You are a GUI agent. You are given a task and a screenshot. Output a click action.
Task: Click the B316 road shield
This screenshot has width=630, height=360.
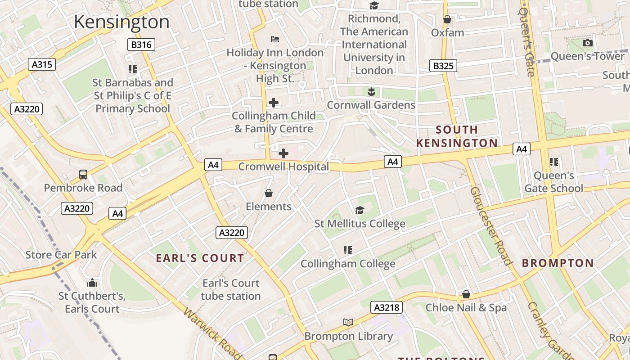point(141,45)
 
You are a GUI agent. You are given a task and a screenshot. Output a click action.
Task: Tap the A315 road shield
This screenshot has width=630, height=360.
point(42,64)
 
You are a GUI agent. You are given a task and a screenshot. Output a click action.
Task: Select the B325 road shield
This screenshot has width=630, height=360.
point(443,66)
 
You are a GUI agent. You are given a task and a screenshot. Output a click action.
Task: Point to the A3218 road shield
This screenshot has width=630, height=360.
point(386,307)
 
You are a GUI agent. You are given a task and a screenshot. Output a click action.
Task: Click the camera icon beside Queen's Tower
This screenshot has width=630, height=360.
point(587,43)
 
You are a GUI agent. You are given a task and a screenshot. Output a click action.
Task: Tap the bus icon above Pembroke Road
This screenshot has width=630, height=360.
point(83,174)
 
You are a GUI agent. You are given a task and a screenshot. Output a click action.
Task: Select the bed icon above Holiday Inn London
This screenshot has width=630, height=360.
point(274,39)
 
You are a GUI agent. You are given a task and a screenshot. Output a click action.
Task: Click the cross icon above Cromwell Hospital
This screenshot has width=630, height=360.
point(283,153)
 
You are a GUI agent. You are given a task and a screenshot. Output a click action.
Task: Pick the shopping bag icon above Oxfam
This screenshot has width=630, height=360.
point(447,19)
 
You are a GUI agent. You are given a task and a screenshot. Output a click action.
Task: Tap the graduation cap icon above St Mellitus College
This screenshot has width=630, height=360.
point(360,210)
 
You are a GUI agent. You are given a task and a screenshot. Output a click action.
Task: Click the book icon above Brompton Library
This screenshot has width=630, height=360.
point(348,322)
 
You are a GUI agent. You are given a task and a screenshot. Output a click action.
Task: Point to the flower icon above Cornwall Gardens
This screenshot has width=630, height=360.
point(371,92)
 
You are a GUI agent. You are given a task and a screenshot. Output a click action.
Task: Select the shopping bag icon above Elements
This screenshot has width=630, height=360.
point(269,193)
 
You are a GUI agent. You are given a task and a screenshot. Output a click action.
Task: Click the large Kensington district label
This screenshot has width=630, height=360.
point(121,22)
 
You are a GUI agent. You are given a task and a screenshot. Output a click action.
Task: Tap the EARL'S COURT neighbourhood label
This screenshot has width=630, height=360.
point(200,258)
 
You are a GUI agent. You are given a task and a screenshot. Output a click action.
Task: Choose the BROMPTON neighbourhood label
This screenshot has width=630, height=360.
point(558,263)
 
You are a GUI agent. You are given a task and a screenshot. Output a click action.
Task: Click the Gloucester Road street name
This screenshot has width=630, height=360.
point(491,226)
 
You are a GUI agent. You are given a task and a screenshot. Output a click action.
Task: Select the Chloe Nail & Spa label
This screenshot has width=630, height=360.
point(466,308)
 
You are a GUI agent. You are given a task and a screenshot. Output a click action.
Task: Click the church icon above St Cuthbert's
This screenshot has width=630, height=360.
point(92,283)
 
